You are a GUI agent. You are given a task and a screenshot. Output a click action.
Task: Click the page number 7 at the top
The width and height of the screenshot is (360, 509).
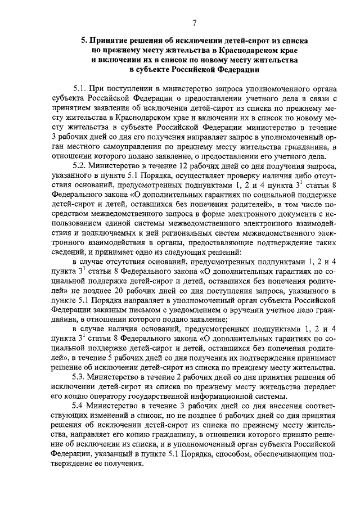pos(193,22)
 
